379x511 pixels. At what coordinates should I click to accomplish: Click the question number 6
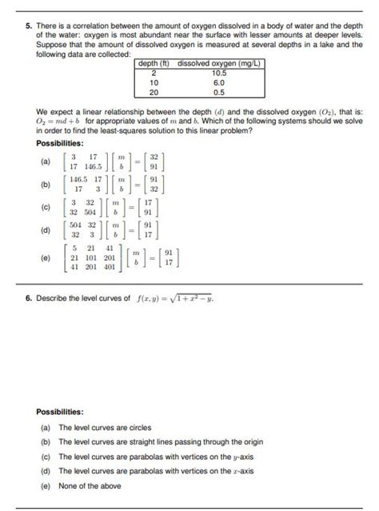pos(28,297)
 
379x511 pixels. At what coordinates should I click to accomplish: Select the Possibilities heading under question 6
pos(60,412)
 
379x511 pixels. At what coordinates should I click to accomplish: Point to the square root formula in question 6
pos(174,298)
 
